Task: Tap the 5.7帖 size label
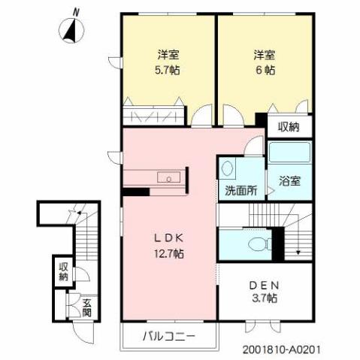coord(168,70)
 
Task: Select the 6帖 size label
coord(263,70)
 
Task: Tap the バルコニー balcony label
coord(169,336)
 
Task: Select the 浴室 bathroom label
coord(290,181)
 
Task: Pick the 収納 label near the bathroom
coord(289,126)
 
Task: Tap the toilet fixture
coord(259,244)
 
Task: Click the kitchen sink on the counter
coord(171,178)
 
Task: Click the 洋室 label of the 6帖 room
coord(263,55)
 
